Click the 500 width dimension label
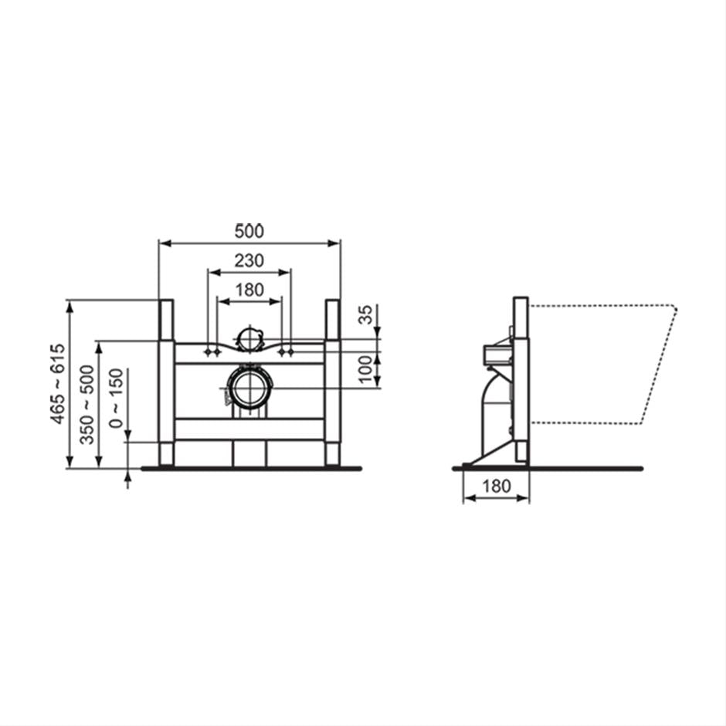pyautogui.click(x=249, y=230)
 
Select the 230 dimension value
pyautogui.click(x=249, y=260)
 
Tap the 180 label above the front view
pyautogui.click(x=249, y=290)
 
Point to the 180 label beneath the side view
pyautogui.click(x=496, y=486)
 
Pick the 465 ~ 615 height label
pyautogui.click(x=58, y=384)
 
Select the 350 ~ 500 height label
pyautogui.click(x=88, y=404)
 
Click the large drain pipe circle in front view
pyautogui.click(x=250, y=387)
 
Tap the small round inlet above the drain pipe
pyautogui.click(x=249, y=338)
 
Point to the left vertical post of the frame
pyautogui.click(x=166, y=382)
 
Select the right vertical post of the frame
pyautogui.click(x=333, y=382)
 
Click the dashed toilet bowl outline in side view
pyautogui.click(x=602, y=363)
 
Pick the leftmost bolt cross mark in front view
pyautogui.click(x=207, y=352)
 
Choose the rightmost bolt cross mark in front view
pyautogui.click(x=291, y=352)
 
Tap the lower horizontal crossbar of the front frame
pyautogui.click(x=249, y=429)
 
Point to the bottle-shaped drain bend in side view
pyautogui.click(x=492, y=409)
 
